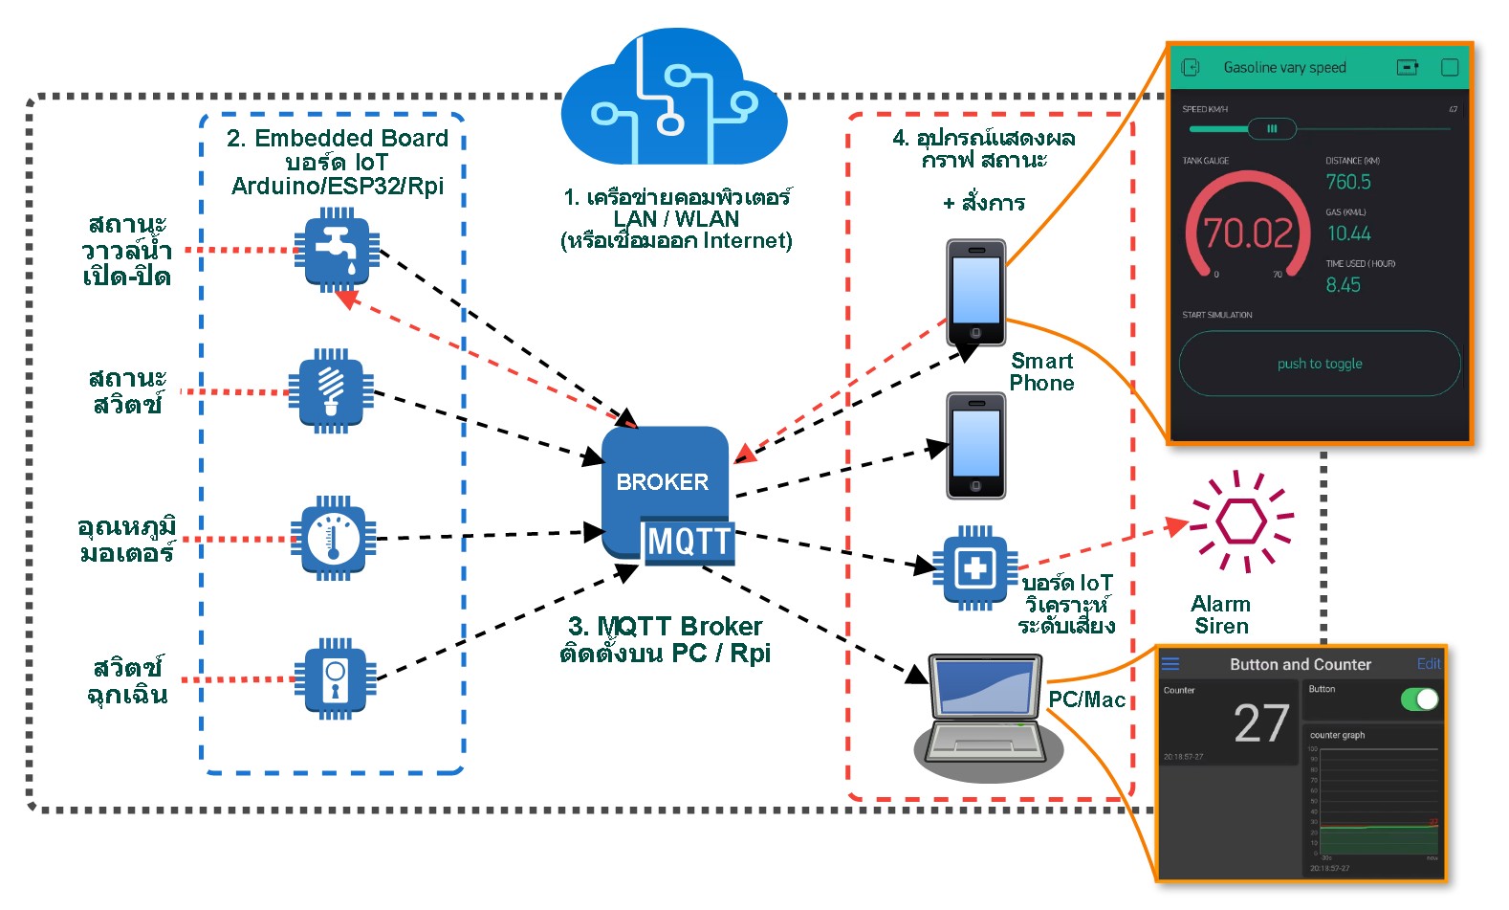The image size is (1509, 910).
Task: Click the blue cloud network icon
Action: (673, 100)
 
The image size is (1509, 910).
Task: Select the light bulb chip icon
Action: (331, 391)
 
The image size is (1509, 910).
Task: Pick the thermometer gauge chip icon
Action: (333, 538)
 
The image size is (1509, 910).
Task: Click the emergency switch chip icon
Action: (335, 678)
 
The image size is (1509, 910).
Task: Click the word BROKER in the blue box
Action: (662, 482)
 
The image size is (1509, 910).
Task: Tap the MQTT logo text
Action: (689, 542)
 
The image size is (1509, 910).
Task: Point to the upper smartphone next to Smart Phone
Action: (975, 293)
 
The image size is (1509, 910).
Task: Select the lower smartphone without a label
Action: (975, 446)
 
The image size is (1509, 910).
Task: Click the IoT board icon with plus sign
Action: (974, 567)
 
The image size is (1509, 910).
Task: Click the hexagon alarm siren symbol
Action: (1241, 522)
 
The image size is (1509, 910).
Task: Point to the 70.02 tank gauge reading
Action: (1248, 233)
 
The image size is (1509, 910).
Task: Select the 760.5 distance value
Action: (1348, 182)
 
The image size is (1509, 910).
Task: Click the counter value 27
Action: (1261, 723)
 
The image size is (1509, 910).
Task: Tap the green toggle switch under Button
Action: (1419, 699)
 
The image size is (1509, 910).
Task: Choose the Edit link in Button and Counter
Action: (1429, 664)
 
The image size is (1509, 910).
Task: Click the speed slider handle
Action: (1272, 128)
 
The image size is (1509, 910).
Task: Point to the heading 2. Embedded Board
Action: (338, 139)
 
